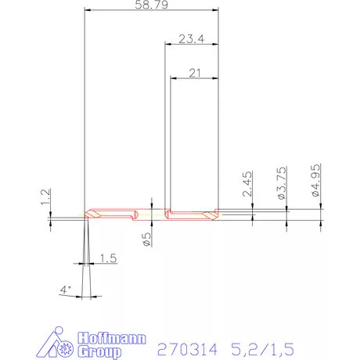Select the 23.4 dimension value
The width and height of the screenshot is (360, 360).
[192, 39]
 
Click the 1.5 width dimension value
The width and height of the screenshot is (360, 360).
[108, 258]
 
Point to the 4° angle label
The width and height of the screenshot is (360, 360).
[66, 290]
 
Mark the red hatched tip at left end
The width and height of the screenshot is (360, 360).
[94, 214]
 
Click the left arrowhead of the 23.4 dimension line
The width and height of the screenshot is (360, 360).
[167, 45]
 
